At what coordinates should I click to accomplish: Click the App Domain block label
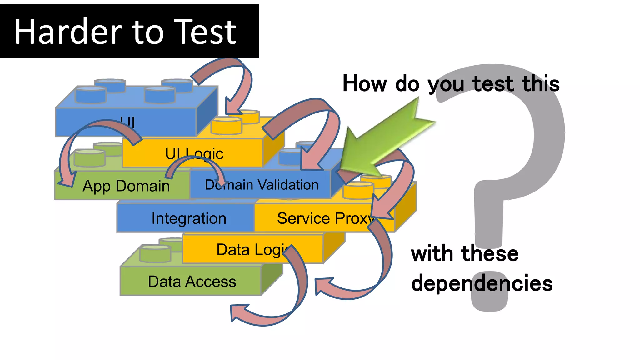point(126,186)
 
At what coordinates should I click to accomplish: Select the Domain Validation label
point(262,185)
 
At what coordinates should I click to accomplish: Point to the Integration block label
point(189,218)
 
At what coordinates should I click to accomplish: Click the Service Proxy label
point(325,218)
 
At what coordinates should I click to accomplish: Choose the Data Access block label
point(192,282)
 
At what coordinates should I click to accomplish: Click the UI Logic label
point(194,153)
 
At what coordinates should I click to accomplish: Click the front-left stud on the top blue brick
point(91,94)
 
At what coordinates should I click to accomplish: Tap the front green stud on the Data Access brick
point(155,253)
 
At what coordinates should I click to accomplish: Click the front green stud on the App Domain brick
point(90,158)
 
